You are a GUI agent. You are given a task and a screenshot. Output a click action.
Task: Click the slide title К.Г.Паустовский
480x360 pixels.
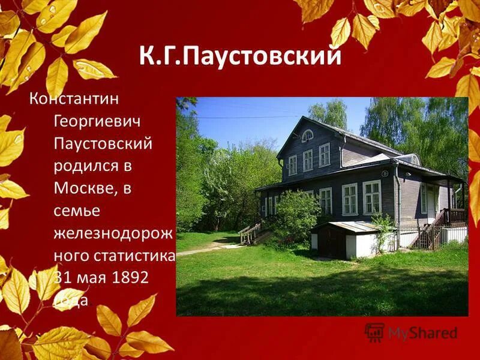(241, 56)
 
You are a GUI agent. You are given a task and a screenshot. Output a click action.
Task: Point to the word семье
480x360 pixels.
(77, 211)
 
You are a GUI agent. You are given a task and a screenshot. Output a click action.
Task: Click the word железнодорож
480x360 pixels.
(113, 233)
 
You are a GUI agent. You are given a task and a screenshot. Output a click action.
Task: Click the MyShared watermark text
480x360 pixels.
(422, 333)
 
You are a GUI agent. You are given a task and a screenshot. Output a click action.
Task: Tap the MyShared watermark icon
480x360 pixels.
(374, 332)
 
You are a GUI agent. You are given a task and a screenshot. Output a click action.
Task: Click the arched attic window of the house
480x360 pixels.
(307, 136)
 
